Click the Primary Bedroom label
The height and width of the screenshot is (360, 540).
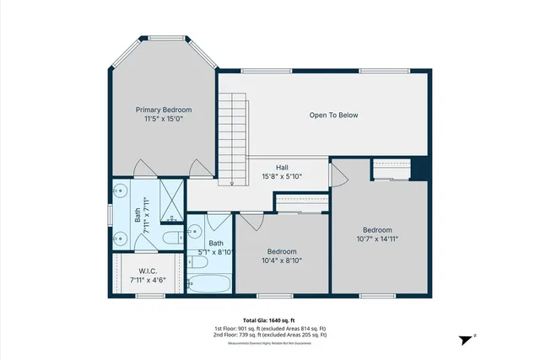click(x=165, y=110)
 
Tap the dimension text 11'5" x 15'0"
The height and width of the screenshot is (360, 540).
click(x=165, y=120)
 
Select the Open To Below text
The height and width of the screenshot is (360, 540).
click(x=333, y=115)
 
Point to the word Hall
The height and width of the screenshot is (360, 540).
click(x=282, y=167)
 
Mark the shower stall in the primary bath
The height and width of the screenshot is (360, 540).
click(x=171, y=199)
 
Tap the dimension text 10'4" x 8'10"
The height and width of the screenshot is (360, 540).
click(x=281, y=261)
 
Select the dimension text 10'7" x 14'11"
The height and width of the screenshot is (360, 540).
click(x=376, y=239)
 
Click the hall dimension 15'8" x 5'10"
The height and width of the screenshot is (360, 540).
click(x=282, y=176)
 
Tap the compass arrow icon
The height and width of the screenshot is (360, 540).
click(x=465, y=339)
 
